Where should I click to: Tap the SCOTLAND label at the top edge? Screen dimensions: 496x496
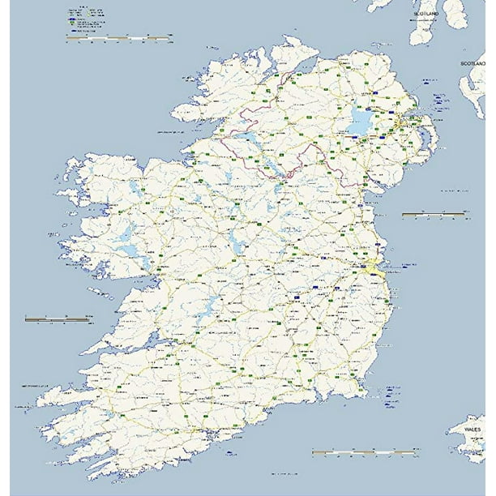tap(425, 15)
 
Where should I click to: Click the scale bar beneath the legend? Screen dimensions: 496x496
tap(118, 36)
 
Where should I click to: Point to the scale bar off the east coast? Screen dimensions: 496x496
tap(434, 214)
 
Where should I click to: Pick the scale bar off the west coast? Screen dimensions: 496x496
tap(57, 319)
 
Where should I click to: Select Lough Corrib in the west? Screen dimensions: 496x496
tap(126, 239)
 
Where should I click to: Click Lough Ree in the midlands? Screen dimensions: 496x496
tap(236, 240)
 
